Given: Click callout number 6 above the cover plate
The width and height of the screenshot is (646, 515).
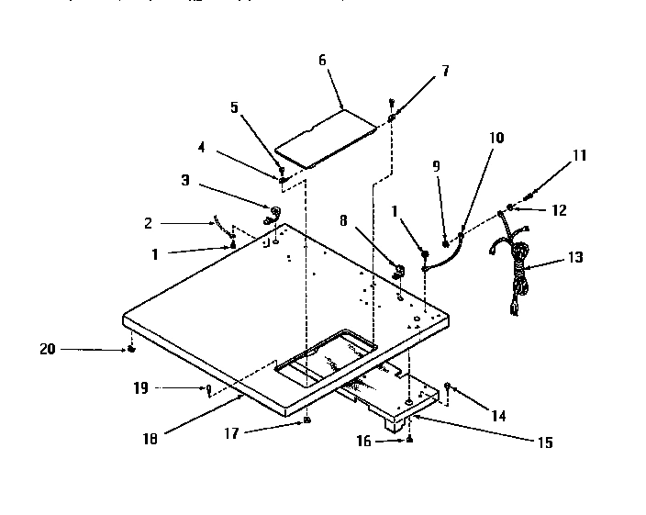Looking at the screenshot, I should tap(322, 60).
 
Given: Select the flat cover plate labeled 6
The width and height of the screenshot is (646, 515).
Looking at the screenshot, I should tap(329, 138).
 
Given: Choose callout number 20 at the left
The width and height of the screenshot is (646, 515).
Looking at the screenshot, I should tap(48, 348).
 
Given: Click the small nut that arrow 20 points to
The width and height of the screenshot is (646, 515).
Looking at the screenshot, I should tap(133, 350).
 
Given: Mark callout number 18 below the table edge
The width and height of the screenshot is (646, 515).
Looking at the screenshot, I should tap(150, 438).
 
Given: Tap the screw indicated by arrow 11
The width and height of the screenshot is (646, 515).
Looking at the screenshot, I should tap(531, 194).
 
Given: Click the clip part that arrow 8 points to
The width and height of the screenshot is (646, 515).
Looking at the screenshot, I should tap(399, 271).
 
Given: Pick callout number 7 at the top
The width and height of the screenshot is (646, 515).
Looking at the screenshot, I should tap(445, 70).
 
